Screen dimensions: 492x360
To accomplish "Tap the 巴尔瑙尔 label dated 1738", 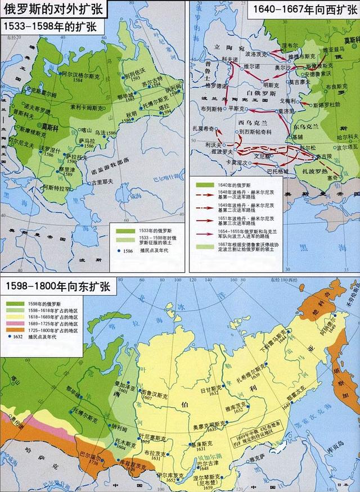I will [x=92, y=451].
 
